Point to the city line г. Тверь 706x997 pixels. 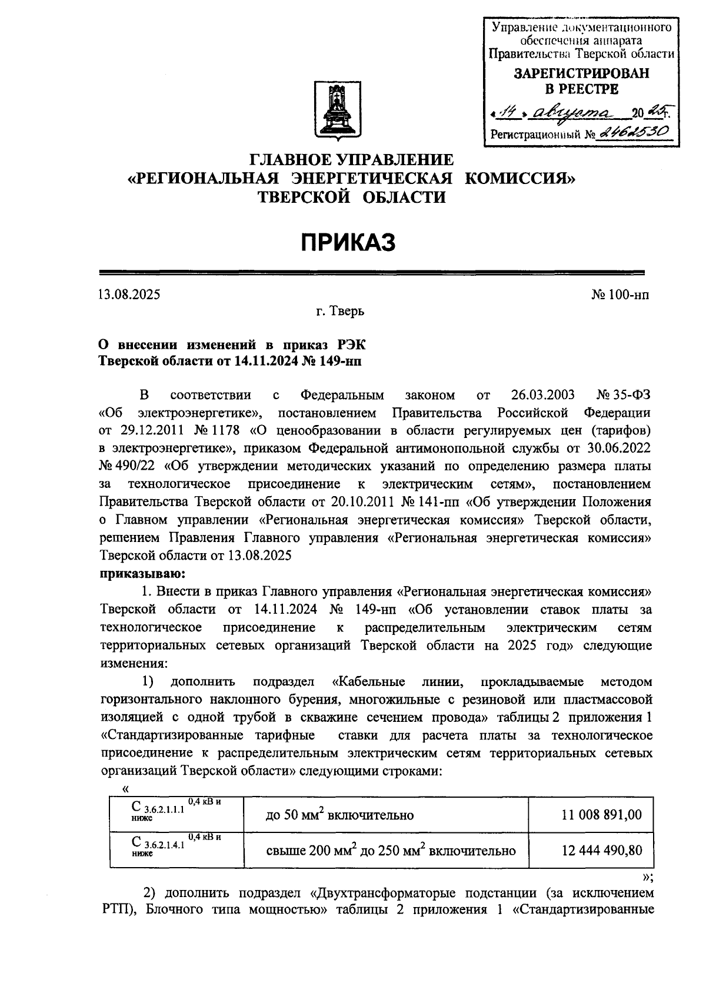(x=339, y=312)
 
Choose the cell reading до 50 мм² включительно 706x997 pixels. (x=339, y=815)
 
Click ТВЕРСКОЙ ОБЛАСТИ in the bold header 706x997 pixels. (x=352, y=197)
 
